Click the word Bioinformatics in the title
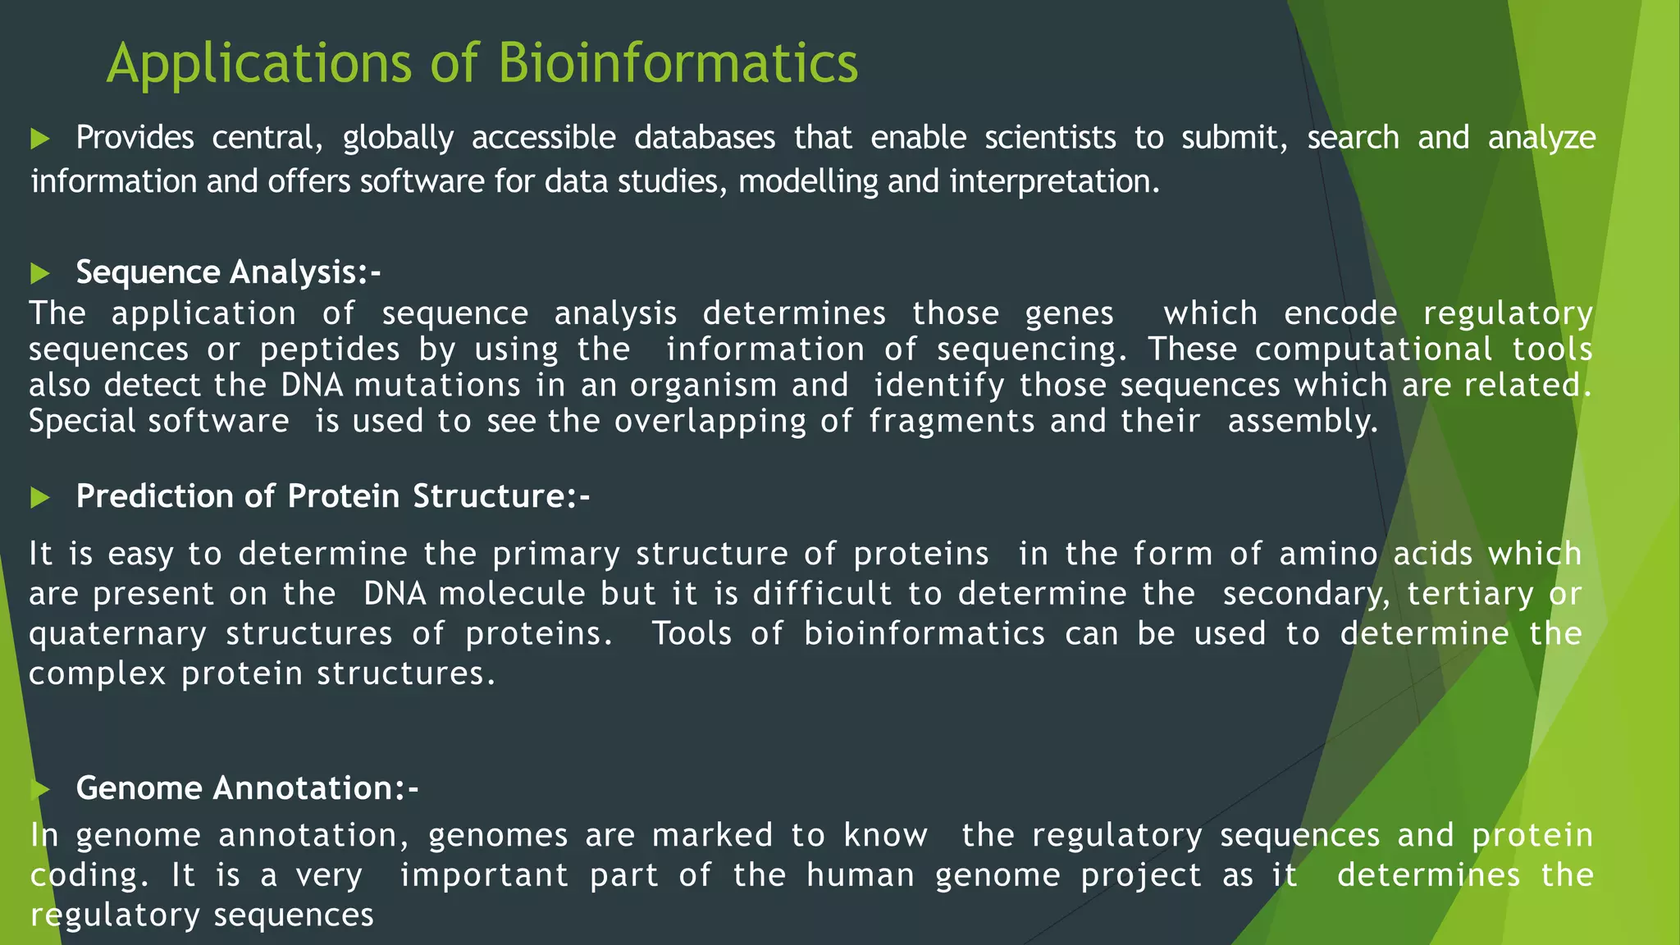point(678,63)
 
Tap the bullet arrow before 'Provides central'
point(39,139)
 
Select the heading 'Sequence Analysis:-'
point(228,272)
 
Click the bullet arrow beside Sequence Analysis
point(39,273)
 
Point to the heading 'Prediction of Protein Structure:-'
point(332,496)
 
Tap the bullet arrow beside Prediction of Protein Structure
point(39,497)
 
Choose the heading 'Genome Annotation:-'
point(247,788)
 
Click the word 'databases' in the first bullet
point(704,138)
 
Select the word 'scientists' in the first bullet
point(1050,138)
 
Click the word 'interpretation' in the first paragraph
point(1053,181)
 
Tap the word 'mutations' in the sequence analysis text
point(437,386)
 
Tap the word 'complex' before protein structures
point(98,674)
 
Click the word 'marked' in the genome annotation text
point(712,835)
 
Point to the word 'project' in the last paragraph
point(1141,876)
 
